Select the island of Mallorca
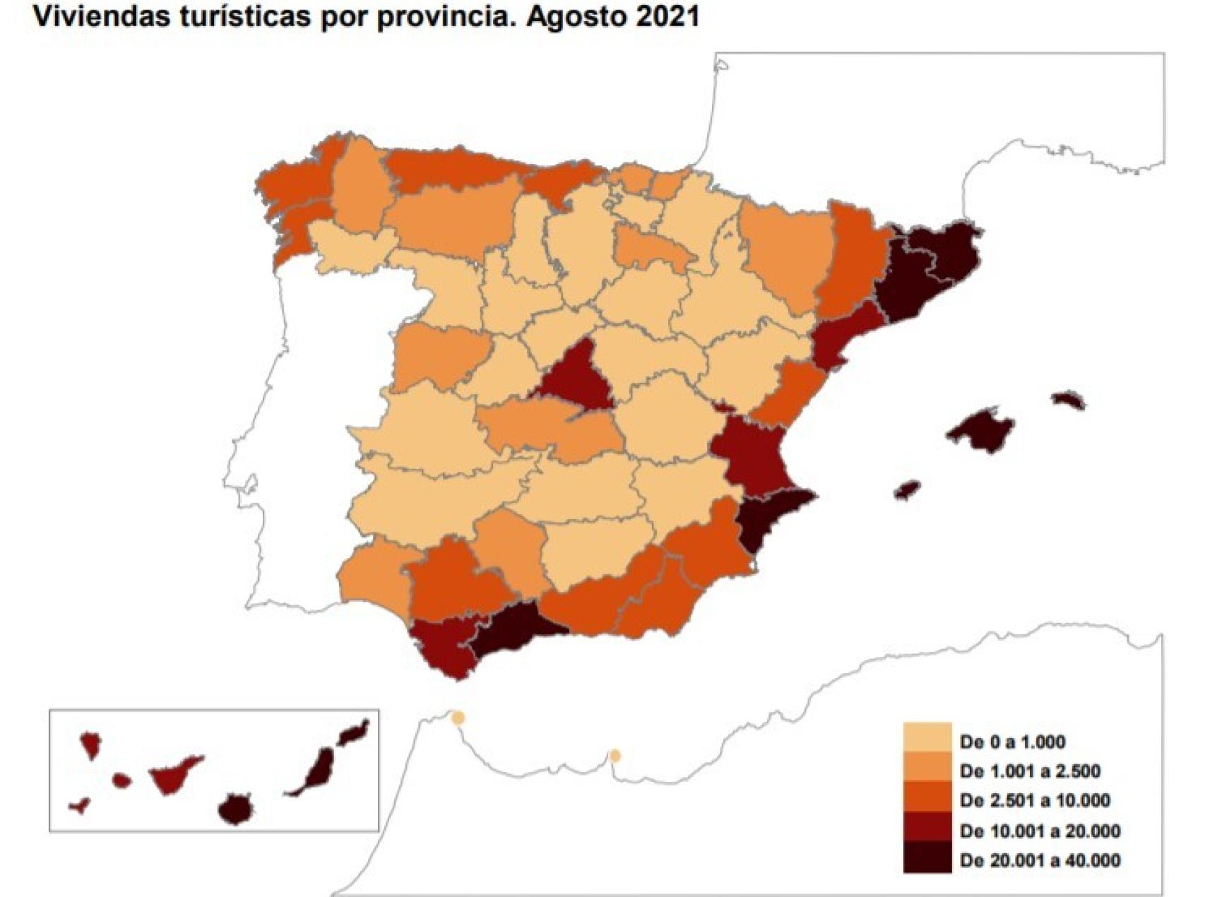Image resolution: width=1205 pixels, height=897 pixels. [981, 430]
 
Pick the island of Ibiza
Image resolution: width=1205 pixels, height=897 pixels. [908, 489]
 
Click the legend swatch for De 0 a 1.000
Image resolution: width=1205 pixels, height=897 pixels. [926, 741]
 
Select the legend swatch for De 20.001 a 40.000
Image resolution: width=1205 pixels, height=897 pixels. [926, 860]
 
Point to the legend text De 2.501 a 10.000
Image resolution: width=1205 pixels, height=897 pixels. [1035, 800]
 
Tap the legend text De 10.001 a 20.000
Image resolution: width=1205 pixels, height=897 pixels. [1040, 831]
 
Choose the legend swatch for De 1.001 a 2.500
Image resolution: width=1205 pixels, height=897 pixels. [926, 771]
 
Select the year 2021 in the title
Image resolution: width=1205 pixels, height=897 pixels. [667, 16]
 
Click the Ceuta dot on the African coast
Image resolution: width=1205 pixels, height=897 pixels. [458, 718]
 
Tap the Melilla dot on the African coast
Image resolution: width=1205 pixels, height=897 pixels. [615, 756]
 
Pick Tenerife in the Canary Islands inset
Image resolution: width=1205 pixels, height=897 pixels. [173, 774]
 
